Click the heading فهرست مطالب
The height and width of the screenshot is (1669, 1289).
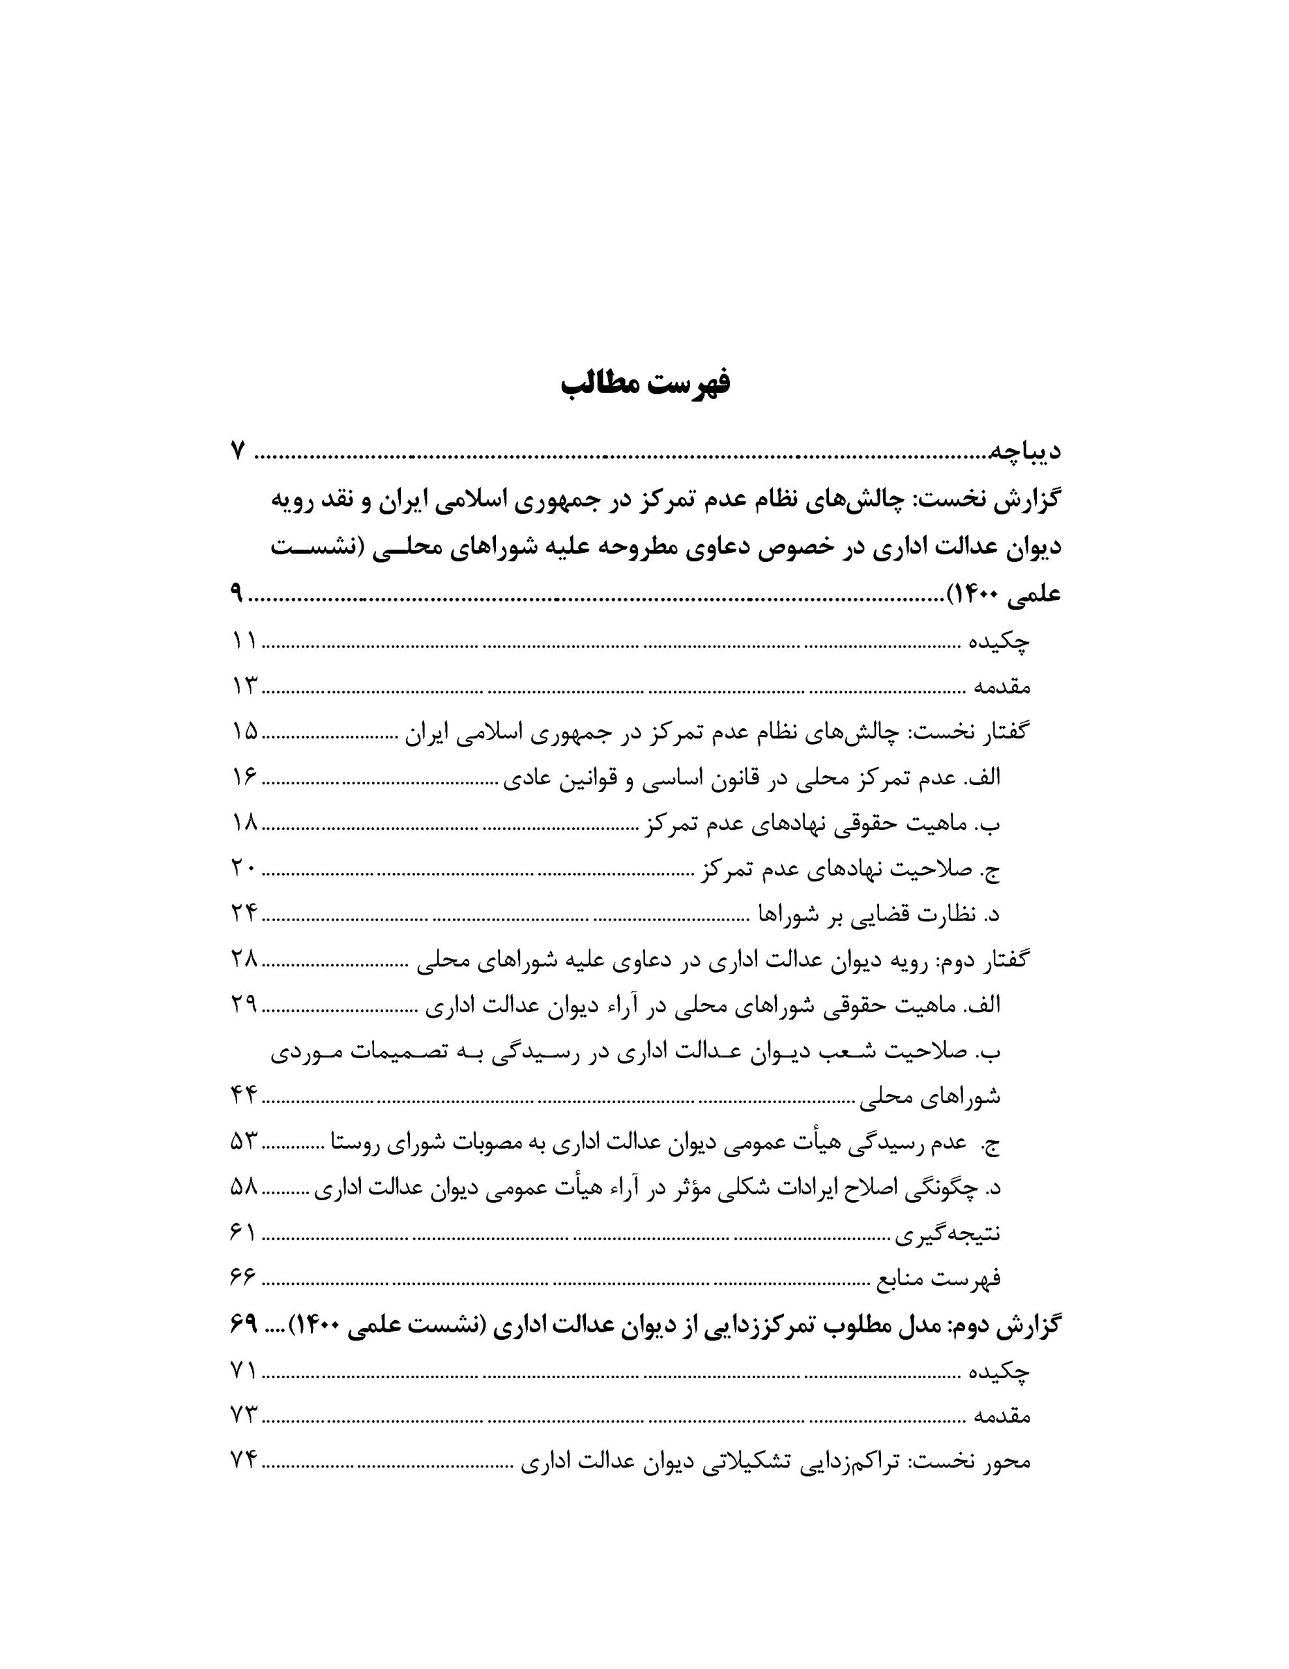(645, 383)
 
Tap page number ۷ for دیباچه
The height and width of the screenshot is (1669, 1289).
(238, 451)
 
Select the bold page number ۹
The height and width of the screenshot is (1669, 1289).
(236, 593)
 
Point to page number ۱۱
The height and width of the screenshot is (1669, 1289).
(244, 640)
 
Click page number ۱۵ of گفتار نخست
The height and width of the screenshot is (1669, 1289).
(244, 731)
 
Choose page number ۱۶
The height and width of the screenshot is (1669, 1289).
(244, 777)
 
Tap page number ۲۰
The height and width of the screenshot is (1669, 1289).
(244, 868)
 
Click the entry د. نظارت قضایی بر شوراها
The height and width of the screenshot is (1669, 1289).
(878, 914)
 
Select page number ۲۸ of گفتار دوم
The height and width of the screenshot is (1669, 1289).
(244, 960)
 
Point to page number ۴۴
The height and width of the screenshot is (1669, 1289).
(244, 1097)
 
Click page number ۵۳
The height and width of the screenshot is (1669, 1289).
(244, 1142)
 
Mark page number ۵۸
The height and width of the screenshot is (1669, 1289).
(244, 1188)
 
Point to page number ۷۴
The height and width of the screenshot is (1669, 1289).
(244, 1461)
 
